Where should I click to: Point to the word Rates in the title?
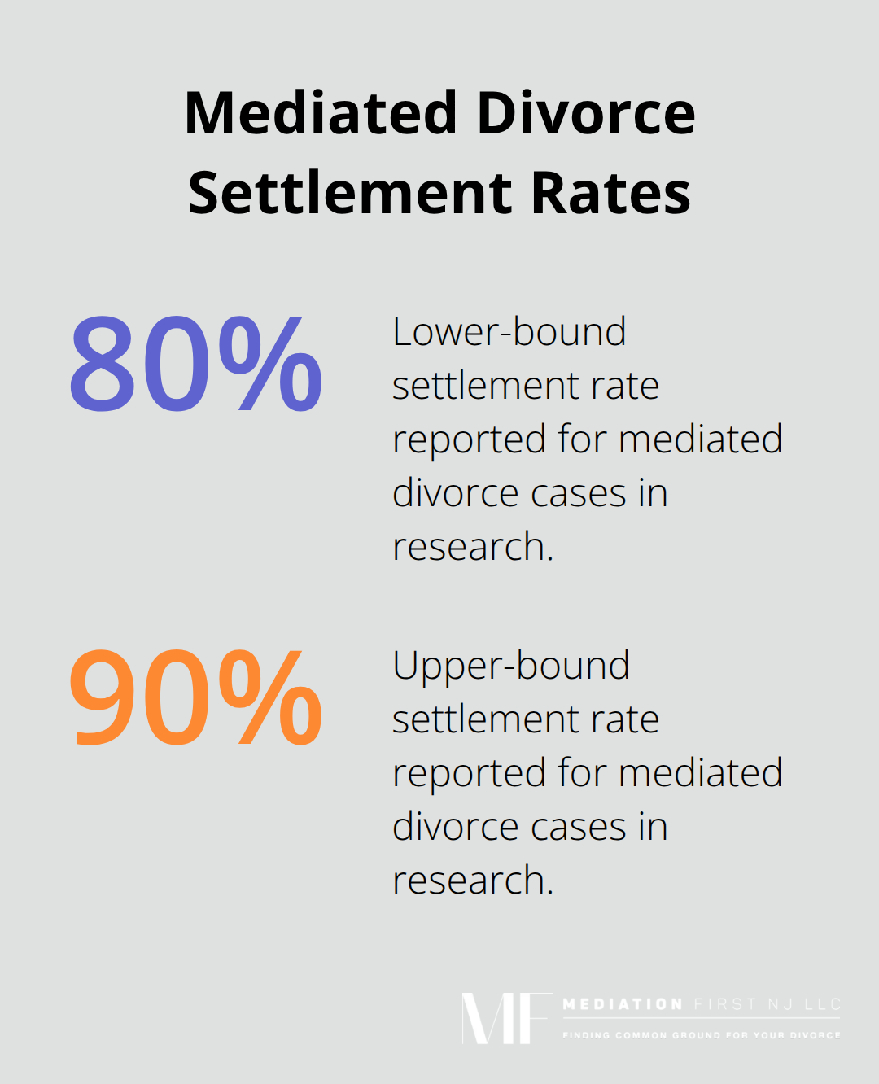tap(611, 193)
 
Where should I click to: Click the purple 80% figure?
tap(195, 363)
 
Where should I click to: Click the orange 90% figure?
tap(195, 697)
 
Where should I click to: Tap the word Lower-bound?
tap(509, 332)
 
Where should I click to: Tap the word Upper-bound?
tap(511, 666)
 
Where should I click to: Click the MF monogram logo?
tap(505, 1018)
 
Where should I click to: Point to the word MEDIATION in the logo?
tap(623, 1004)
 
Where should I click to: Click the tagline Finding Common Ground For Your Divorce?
tap(702, 1035)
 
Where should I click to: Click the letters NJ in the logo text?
tap(781, 1004)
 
